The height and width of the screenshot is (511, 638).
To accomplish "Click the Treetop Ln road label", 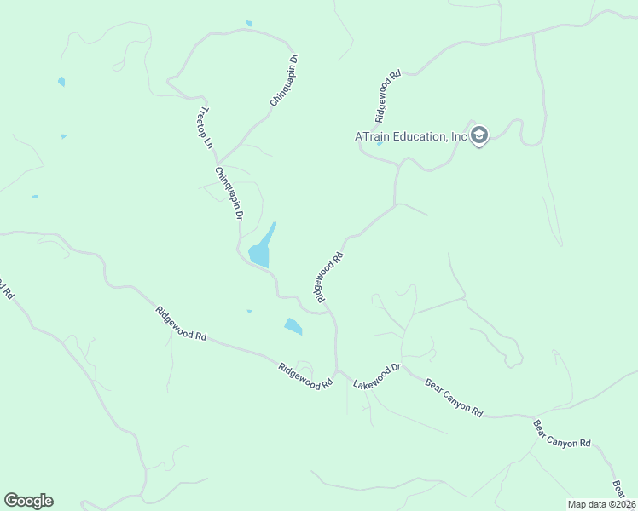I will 204,128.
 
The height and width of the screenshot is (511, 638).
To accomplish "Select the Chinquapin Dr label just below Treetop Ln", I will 229,194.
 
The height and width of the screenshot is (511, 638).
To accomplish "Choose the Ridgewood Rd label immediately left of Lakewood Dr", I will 304,377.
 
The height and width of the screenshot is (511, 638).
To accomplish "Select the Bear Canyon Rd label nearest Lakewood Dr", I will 454,397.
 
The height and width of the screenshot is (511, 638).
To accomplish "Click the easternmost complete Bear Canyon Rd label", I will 562,433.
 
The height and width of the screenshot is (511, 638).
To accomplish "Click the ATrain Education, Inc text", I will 411,136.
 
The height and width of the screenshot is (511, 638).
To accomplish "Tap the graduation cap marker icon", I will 479,135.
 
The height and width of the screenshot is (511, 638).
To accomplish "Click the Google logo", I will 28,501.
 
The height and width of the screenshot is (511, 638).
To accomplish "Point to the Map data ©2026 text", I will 601,503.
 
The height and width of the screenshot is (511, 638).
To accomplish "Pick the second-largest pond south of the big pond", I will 293,325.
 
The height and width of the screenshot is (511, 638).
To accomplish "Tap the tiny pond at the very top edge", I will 248,23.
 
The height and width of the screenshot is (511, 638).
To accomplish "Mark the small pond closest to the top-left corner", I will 61,82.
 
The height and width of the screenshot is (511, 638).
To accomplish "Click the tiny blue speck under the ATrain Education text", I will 379,144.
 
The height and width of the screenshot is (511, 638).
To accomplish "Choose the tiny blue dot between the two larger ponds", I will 249,311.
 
